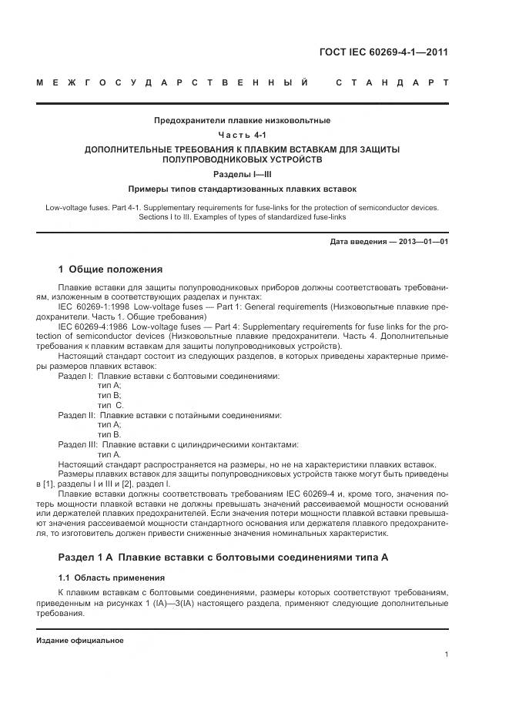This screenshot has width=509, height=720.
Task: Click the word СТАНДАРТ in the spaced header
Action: click(392, 82)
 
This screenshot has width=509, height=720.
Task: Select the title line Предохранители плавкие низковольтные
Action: click(242, 120)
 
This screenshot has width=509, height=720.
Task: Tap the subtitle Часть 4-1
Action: click(242, 135)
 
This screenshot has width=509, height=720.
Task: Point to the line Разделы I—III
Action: click(242, 175)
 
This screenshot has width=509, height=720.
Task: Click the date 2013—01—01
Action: click(418, 242)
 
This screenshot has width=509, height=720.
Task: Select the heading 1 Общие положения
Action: click(111, 270)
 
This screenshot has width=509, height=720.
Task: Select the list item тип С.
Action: click(110, 405)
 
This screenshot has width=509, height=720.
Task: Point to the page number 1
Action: click(447, 655)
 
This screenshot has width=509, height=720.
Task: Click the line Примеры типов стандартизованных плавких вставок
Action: click(242, 189)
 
